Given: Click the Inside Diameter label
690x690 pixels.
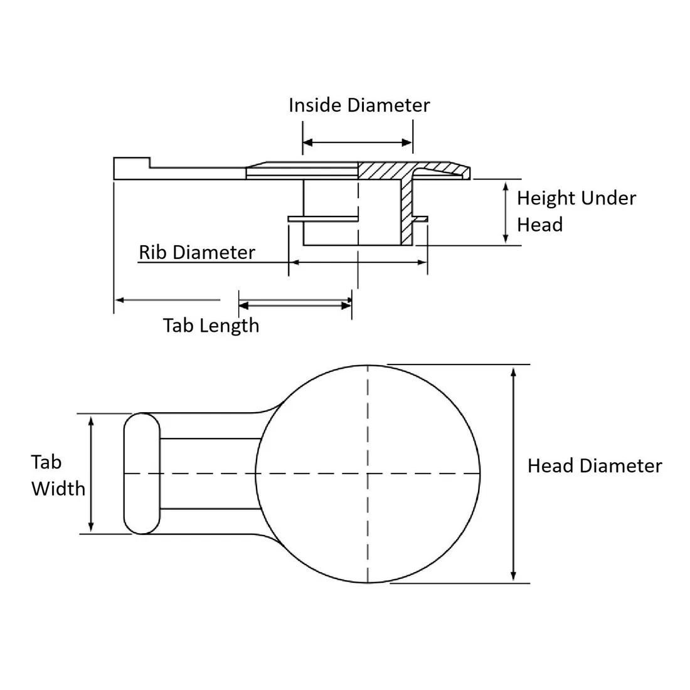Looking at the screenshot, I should point(359,105).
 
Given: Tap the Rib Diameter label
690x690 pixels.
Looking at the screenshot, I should point(197,252).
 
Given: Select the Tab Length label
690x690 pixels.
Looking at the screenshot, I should point(211,325).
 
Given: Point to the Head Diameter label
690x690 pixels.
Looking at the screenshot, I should point(594,465).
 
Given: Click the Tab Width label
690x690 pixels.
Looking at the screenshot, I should point(58,475).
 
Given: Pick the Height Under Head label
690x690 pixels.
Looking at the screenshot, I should point(576,211).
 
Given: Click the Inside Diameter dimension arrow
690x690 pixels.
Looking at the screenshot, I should point(358,143).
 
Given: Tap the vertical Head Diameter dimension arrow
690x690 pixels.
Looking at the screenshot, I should point(514,474).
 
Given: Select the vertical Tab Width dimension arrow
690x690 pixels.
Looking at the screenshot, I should point(92,474).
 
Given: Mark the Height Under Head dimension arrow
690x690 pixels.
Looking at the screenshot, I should point(506,211).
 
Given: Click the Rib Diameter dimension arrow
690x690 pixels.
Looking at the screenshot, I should point(358,262).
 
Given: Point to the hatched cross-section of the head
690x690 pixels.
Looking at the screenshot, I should point(386,169).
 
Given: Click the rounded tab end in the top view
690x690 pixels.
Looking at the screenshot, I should point(142,474).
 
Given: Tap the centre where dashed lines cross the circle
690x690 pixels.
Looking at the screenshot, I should point(368,473).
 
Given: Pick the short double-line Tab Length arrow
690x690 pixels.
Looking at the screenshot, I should point(295,305).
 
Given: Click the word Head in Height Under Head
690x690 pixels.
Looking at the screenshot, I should point(539,225).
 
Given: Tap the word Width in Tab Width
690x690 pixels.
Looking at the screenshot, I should point(58,488).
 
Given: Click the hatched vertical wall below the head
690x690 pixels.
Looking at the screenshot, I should point(407,210).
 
